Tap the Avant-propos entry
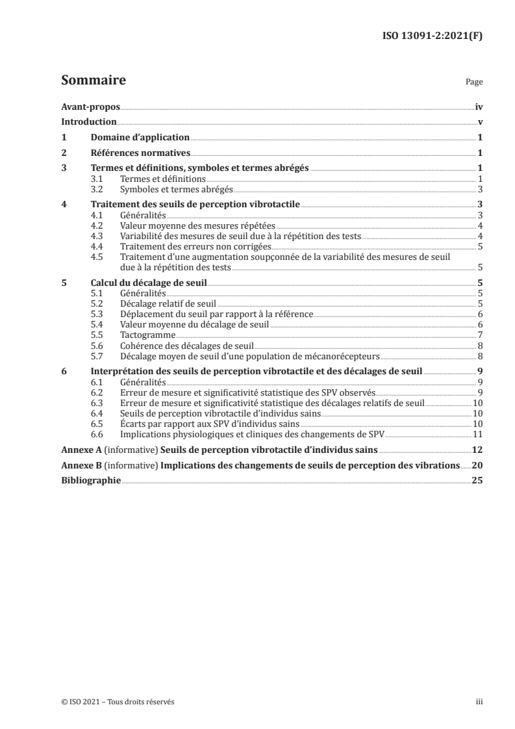(x=90, y=107)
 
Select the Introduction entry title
(x=88, y=122)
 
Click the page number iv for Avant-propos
(x=478, y=107)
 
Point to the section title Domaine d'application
(x=140, y=138)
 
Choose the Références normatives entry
(x=140, y=153)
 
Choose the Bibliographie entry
(x=90, y=481)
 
